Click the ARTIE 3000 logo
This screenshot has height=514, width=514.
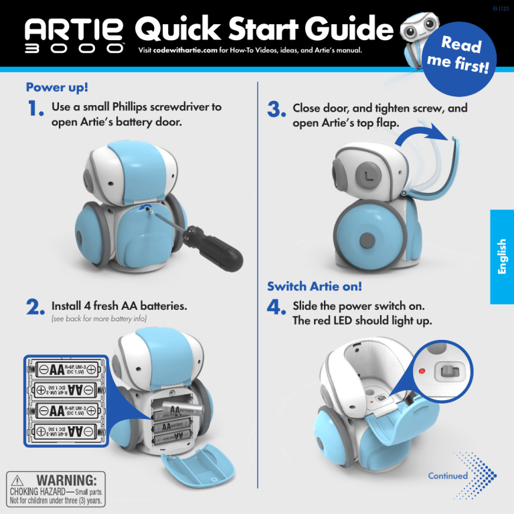tap(74, 39)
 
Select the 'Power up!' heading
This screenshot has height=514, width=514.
tap(57, 88)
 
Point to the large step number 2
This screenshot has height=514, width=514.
tap(35, 309)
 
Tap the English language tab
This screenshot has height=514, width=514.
tap(501, 256)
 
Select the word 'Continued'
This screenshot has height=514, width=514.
tap(448, 476)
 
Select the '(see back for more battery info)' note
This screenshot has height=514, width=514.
tap(98, 319)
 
